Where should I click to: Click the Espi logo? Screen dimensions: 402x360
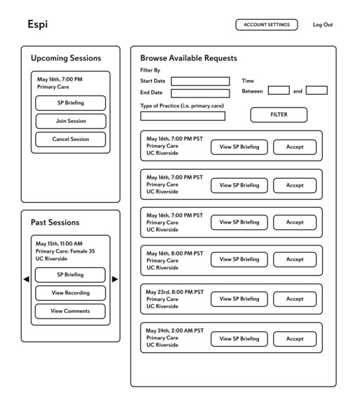click(37, 25)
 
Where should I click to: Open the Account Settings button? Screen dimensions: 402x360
click(266, 25)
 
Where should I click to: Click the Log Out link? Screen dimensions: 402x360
click(322, 25)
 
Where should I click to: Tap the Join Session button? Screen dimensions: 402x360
click(70, 121)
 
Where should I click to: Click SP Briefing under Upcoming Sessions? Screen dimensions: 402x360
click(70, 103)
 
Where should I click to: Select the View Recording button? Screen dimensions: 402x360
click(70, 293)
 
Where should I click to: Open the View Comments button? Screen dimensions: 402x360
click(70, 311)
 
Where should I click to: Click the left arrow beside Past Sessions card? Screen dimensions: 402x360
click(26, 279)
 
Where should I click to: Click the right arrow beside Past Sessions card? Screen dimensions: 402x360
click(115, 279)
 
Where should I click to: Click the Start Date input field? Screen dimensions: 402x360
click(200, 81)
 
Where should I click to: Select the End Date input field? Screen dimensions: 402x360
click(200, 93)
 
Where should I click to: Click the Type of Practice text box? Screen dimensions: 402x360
click(182, 116)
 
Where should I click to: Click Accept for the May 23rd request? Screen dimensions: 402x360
click(295, 299)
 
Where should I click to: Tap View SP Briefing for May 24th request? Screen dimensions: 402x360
click(239, 339)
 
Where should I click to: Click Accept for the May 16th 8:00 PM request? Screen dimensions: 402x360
click(295, 260)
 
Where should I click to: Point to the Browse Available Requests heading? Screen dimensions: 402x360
click(189, 58)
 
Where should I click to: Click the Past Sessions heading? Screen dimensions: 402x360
click(55, 222)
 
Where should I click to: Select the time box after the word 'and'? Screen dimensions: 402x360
click(316, 91)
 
